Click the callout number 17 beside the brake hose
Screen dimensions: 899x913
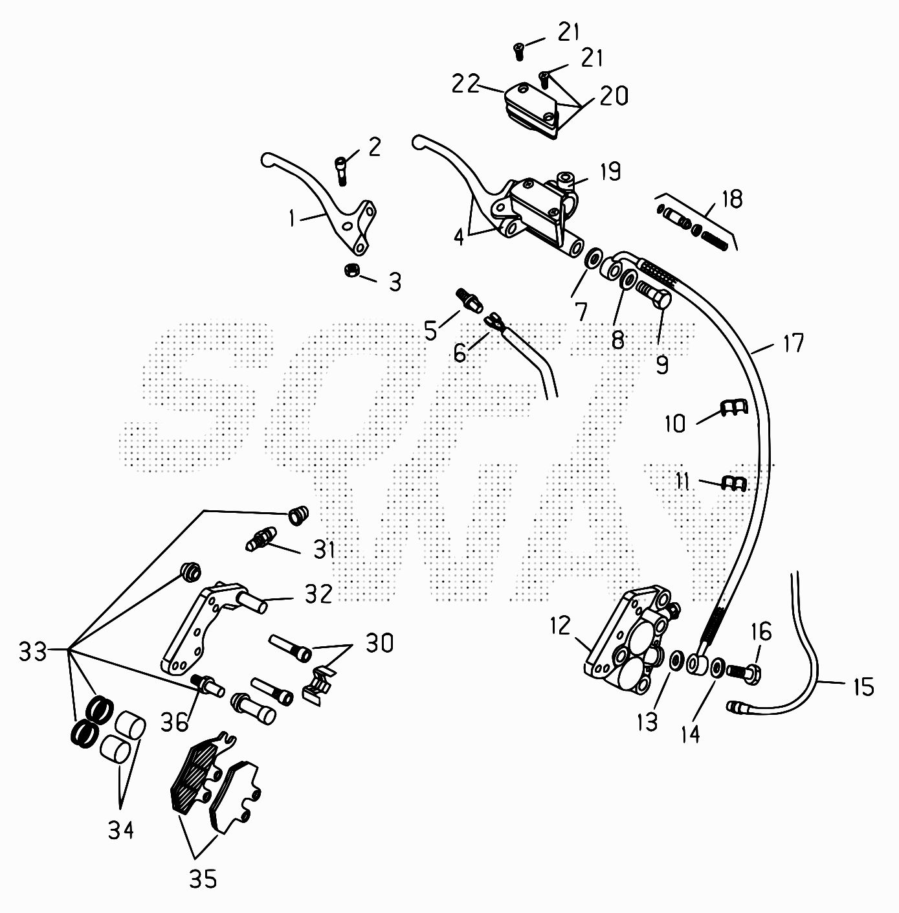pos(792,343)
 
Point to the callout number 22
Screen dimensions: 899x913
pos(465,84)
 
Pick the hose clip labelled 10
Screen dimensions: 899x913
pos(734,408)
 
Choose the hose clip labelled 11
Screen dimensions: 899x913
pos(734,484)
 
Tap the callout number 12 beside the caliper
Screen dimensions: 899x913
pos(561,626)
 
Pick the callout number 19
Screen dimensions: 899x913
pos(611,172)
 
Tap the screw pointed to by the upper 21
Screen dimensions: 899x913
pos(518,51)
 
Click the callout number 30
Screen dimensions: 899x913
pos(379,644)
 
